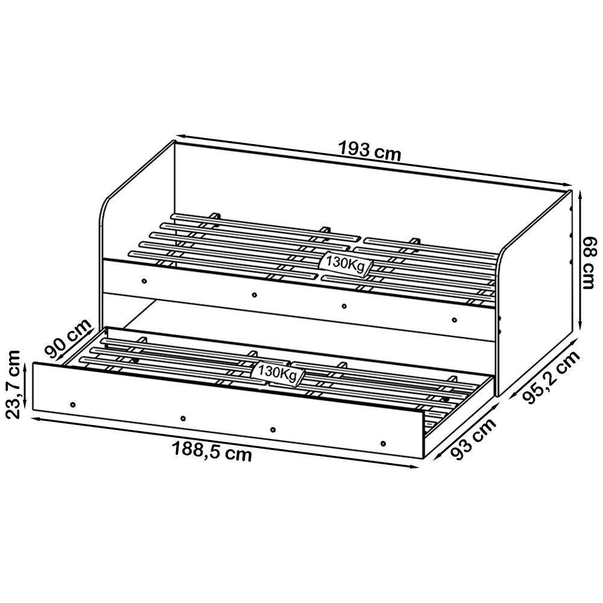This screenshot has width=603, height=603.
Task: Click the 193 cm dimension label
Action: coord(369,150)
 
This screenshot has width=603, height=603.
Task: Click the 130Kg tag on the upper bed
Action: coord(345,264)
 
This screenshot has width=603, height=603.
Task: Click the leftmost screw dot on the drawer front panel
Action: coord(73,403)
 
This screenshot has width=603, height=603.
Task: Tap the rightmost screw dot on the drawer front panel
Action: coord(384,444)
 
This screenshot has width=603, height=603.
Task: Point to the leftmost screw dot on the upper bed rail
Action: coord(144,280)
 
